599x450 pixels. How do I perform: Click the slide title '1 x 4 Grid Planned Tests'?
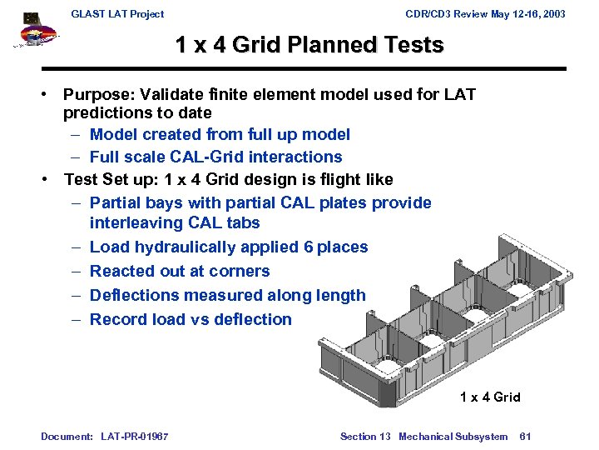point(309,45)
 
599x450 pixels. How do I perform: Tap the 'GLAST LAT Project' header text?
point(117,13)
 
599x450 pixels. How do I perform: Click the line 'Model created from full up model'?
point(220,134)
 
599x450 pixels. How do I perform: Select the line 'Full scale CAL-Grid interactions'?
point(215,157)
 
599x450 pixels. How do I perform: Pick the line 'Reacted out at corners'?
point(180,271)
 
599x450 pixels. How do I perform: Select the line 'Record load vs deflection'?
point(191,319)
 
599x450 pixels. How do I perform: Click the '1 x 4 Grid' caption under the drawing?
point(490,397)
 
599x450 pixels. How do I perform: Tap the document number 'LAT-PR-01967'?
point(134,437)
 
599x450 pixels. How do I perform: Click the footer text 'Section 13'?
point(365,437)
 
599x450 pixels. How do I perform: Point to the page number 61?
point(525,437)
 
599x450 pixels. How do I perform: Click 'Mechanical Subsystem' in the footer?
point(453,437)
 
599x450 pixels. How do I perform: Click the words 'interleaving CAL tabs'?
point(175,222)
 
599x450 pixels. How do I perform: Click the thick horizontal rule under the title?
point(304,68)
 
